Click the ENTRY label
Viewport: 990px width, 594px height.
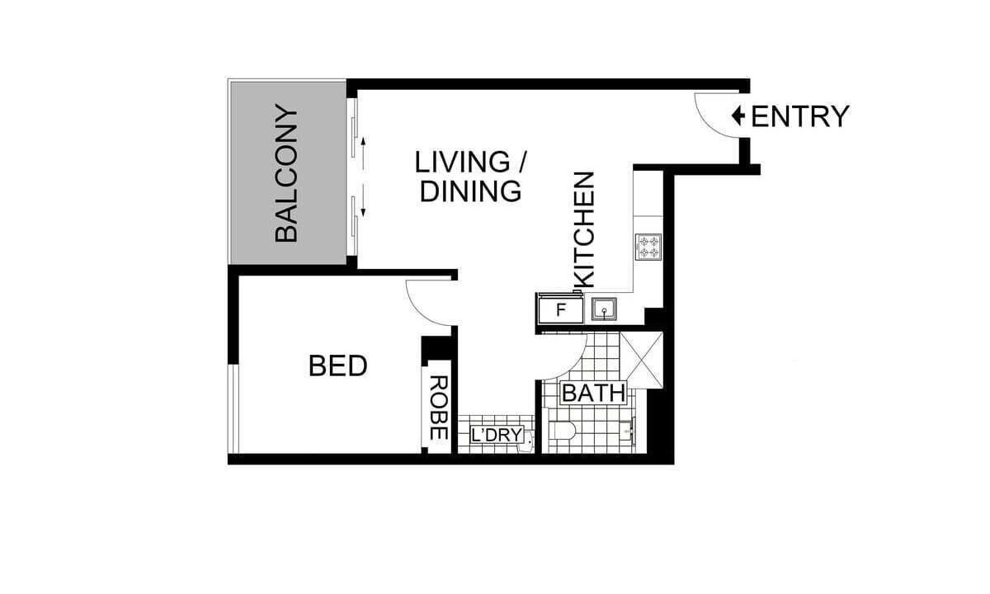(800, 116)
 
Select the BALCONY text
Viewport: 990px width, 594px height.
(286, 172)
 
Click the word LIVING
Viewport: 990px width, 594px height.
(462, 162)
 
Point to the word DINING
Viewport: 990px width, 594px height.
(471, 191)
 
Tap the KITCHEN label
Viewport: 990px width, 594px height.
(584, 230)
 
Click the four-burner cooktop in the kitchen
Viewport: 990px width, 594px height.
(648, 247)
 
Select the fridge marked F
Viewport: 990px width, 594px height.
(560, 309)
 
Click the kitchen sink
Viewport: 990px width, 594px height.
(604, 309)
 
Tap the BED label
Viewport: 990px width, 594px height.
(338, 366)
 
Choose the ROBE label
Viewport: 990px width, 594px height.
(438, 408)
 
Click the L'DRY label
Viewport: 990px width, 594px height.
(497, 435)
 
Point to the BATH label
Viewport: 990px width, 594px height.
(594, 393)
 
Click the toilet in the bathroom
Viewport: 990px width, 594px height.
(562, 430)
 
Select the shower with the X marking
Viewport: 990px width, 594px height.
(641, 361)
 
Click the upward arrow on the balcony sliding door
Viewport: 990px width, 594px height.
(363, 153)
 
